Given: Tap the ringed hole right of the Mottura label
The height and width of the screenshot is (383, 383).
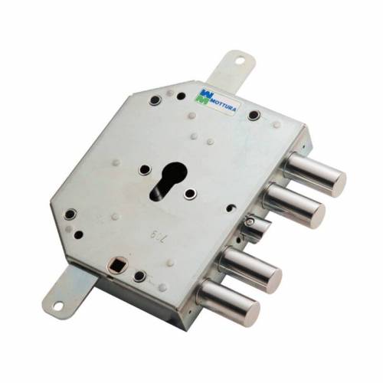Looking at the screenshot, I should tap(255, 116).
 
